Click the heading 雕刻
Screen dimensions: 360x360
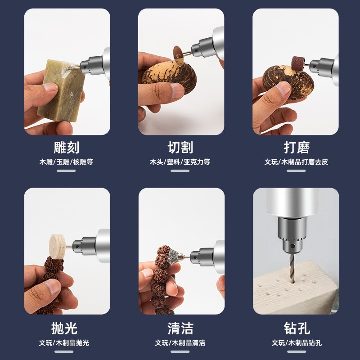[x=66, y=148]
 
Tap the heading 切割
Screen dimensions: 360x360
[x=180, y=148]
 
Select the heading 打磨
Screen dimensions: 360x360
[x=297, y=148]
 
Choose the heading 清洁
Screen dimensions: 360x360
[x=180, y=328]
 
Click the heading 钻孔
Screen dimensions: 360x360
[x=297, y=328]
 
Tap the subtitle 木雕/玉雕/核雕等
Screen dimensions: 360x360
[x=66, y=162]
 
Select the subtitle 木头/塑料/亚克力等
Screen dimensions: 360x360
[x=180, y=162]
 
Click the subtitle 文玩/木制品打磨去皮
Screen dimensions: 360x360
[x=297, y=162]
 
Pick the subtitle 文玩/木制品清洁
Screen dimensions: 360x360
[x=180, y=343]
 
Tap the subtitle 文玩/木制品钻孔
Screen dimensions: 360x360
[x=297, y=343]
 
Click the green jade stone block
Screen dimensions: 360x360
[x=61, y=92]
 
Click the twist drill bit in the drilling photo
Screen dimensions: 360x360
[x=292, y=269]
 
